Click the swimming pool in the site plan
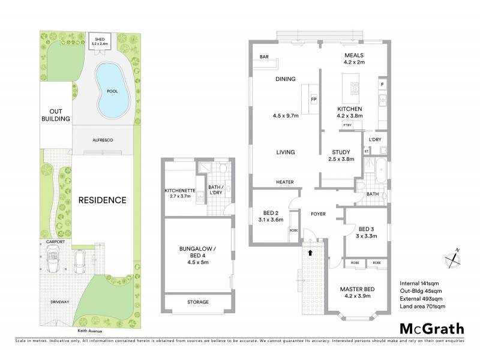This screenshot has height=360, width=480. tap(112, 90)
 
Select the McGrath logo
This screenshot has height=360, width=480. tap(431, 328)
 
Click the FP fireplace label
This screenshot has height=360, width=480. tap(313, 99)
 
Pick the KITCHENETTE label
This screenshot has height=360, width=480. tap(179, 191)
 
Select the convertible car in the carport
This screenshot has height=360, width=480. tap(55, 261)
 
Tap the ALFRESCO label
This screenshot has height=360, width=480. tap(103, 139)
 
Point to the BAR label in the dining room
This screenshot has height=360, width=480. tap(263, 57)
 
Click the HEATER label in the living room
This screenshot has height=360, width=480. tap(284, 182)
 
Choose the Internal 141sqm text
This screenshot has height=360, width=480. tap(418, 283)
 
